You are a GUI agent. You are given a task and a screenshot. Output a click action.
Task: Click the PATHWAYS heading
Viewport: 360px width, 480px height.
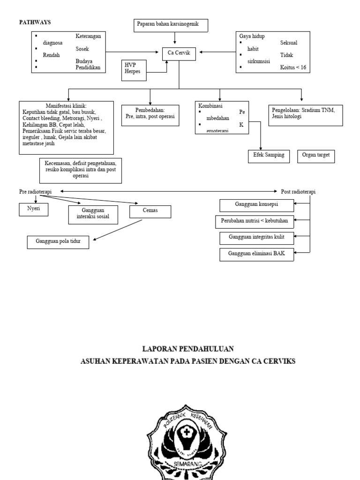(34, 22)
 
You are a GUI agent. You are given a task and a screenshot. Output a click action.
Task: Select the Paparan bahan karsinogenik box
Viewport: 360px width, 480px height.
(170, 25)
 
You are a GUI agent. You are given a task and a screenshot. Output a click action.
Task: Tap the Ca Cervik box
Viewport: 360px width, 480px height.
(179, 53)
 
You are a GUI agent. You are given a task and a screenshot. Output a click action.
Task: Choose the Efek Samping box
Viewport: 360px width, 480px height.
(268, 156)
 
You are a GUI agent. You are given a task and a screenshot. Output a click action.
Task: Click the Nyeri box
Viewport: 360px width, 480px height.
(33, 210)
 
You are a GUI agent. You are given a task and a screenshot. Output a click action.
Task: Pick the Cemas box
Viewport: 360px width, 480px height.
(150, 211)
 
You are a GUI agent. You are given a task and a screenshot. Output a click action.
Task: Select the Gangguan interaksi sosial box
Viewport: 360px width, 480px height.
(93, 213)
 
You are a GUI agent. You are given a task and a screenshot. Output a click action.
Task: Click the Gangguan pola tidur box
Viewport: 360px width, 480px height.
(60, 241)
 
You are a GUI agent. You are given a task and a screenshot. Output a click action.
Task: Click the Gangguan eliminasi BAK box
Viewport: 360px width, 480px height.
(256, 254)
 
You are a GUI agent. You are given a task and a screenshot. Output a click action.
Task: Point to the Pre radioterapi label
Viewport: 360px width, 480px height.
(36, 191)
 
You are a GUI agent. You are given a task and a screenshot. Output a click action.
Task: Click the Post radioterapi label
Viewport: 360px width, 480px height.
(299, 192)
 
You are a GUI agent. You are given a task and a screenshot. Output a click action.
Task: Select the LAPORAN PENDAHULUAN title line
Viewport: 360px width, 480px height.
(187, 349)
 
